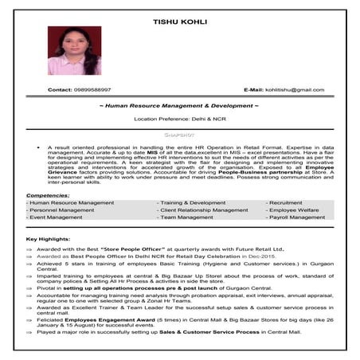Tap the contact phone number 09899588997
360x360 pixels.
tap(89, 90)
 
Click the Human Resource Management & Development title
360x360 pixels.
tap(180, 106)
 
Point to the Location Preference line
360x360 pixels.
tap(180, 119)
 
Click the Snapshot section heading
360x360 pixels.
tap(180, 135)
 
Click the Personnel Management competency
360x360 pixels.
tap(62, 209)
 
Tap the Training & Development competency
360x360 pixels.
tap(193, 202)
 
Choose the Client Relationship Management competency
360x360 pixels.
tap(204, 209)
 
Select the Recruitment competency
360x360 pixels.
tap(284, 202)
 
